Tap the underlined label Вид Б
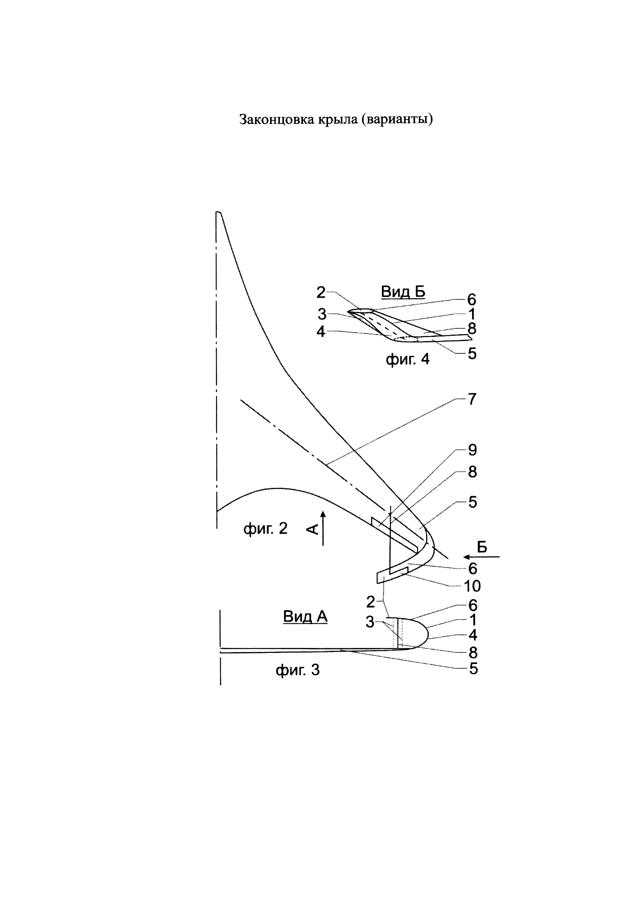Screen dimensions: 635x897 (x=403, y=292)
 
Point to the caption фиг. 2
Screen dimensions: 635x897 (x=266, y=529)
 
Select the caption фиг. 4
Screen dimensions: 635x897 (x=408, y=359)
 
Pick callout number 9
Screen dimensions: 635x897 (x=473, y=450)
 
